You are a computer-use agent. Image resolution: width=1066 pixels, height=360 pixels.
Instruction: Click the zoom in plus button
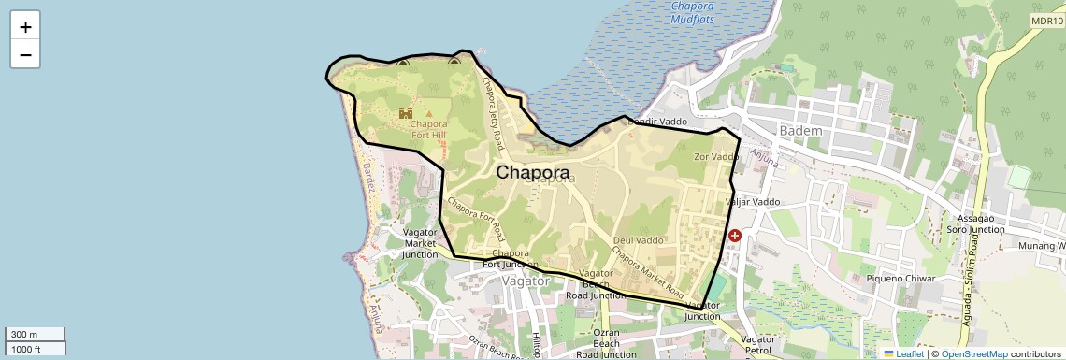pyautogui.click(x=25, y=26)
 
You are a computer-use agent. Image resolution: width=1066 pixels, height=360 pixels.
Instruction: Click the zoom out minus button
pyautogui.click(x=25, y=54)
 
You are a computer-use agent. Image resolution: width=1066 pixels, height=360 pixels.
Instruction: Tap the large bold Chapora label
pyautogui.click(x=532, y=173)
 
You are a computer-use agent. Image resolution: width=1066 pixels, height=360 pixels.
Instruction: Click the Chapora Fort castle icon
pyautogui.click(x=406, y=113)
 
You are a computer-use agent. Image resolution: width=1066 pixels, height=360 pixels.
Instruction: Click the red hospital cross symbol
pyautogui.click(x=735, y=237)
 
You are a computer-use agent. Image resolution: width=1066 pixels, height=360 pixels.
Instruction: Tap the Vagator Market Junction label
pyautogui.click(x=420, y=242)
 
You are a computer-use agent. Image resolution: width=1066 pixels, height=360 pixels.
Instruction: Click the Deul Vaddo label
pyautogui.click(x=638, y=240)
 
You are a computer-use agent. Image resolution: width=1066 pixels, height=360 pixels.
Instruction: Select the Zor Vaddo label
pyautogui.click(x=716, y=157)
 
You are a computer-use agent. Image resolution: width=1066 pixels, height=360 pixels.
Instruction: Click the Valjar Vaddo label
pyautogui.click(x=753, y=202)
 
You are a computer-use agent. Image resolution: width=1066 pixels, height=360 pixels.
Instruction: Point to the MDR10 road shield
pyautogui.click(x=1048, y=21)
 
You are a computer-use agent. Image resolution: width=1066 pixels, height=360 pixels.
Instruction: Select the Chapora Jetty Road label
pyautogui.click(x=493, y=112)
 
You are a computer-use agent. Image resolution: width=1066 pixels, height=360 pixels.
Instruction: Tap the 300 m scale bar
pyautogui.click(x=36, y=334)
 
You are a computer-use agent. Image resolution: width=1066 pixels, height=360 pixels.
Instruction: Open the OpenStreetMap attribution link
pyautogui.click(x=974, y=354)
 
